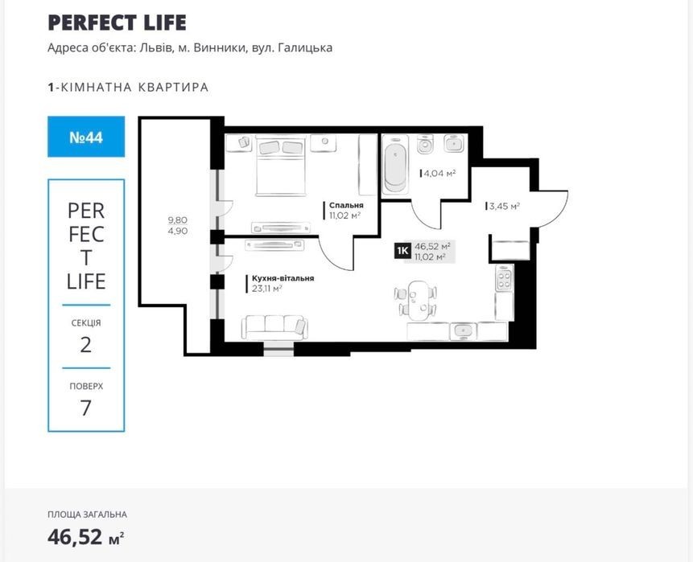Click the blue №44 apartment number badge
point(86,137)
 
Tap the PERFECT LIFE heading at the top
point(118,23)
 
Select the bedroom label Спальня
point(346,205)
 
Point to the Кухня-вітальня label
point(283,278)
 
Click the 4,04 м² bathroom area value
point(439,174)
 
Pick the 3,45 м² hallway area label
point(505,206)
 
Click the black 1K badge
point(403,251)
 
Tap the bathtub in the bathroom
point(394,164)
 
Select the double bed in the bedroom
point(281,166)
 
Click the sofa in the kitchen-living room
point(274,327)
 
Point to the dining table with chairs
point(416,300)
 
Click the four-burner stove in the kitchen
point(505,277)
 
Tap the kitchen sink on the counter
point(463,330)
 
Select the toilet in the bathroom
point(425,144)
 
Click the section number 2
point(86,345)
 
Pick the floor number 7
point(86,408)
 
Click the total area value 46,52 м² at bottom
point(86,537)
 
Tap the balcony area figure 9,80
point(178,219)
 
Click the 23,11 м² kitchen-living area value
point(267,289)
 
